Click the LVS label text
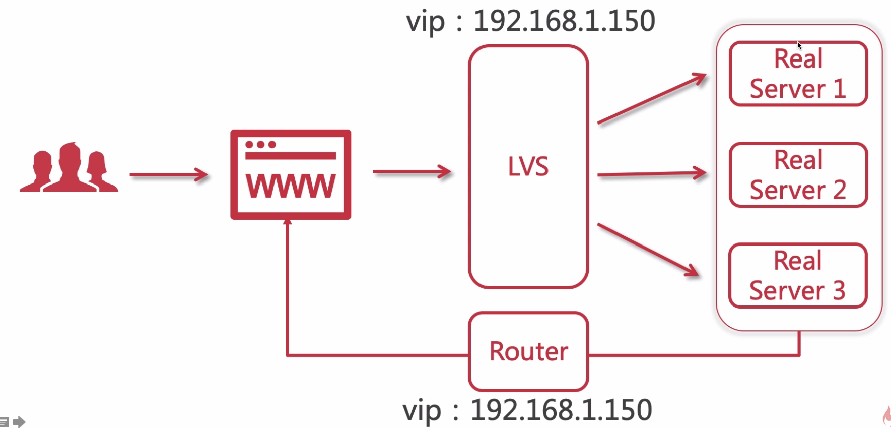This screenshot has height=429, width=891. click(x=528, y=167)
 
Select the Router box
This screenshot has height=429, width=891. click(x=528, y=351)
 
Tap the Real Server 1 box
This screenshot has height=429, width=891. click(x=798, y=74)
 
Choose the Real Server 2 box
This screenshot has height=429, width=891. click(x=798, y=175)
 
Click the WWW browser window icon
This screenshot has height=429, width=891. click(x=291, y=174)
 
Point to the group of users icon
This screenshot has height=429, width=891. click(x=69, y=168)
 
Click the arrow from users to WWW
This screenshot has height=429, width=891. click(x=169, y=174)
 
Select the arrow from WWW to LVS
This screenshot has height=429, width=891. click(x=412, y=172)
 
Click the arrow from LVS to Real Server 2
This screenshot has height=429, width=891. click(x=651, y=174)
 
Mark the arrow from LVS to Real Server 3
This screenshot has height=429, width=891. click(x=648, y=250)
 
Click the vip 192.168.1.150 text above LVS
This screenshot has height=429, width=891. click(x=530, y=21)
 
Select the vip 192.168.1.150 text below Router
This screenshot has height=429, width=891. click(x=527, y=410)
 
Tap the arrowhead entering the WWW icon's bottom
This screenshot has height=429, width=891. click(x=288, y=222)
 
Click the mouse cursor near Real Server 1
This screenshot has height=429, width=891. click(x=799, y=45)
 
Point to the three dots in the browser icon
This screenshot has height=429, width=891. click(x=260, y=145)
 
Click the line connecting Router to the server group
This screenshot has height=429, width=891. click(x=695, y=355)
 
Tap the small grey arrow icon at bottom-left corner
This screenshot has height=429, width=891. click(x=19, y=421)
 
